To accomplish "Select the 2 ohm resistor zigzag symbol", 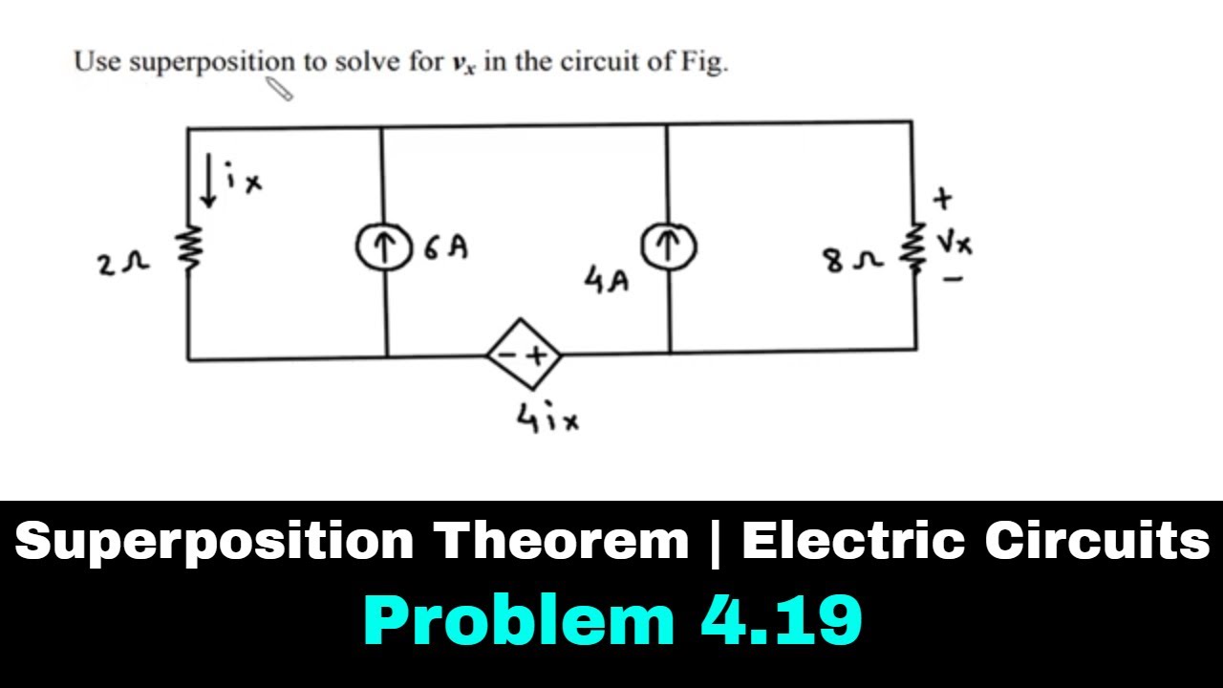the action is pos(188,248).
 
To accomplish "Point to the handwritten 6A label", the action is pos(446,247).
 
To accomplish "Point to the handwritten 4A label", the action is pos(607,280).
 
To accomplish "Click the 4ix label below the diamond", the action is pos(547,418).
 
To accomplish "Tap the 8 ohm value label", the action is pos(853,262).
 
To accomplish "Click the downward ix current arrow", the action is pos(208,181).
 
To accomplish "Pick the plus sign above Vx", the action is pos(942,199).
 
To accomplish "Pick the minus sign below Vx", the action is pos(953,280).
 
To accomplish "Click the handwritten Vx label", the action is pos(955,243).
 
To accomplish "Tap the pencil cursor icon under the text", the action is pos(280,89).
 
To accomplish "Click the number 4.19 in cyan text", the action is pos(782,620).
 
